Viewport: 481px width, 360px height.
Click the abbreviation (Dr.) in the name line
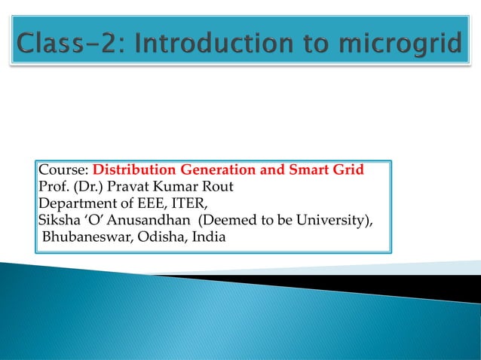click(85, 187)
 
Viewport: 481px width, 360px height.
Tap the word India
click(207, 239)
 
